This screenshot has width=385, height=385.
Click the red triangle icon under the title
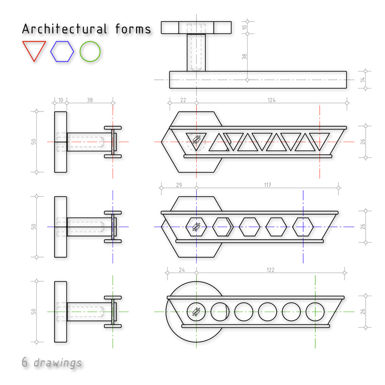(27, 47)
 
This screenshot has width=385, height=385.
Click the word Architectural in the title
(64, 29)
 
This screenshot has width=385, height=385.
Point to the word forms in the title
(133, 29)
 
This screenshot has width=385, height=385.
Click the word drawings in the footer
(57, 363)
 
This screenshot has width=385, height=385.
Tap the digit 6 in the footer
(24, 362)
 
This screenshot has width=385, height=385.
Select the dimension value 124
(272, 100)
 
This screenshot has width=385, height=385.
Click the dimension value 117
(268, 185)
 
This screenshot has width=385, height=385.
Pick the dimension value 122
(270, 270)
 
